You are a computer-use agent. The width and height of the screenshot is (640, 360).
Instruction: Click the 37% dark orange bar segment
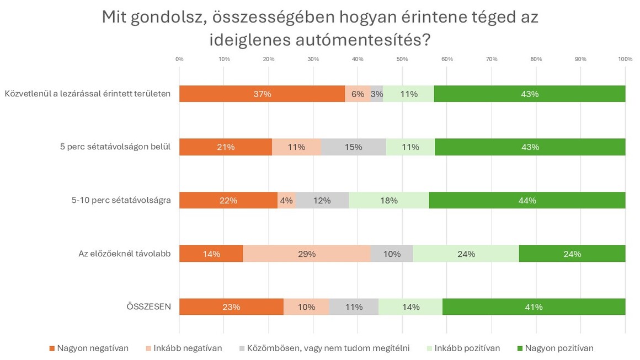[x=262, y=94]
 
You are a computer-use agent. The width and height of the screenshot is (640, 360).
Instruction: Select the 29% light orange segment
[x=307, y=254]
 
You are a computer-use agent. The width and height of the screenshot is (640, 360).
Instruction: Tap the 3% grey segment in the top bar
[x=377, y=94]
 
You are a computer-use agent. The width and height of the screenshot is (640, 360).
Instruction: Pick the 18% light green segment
[x=389, y=201]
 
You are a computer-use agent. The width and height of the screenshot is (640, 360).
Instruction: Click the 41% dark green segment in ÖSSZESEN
[x=534, y=307]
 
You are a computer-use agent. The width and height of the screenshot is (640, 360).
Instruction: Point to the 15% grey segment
[x=354, y=147]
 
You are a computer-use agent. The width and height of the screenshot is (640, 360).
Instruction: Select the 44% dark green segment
[x=527, y=201]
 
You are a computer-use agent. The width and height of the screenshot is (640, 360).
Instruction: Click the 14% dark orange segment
[x=211, y=254]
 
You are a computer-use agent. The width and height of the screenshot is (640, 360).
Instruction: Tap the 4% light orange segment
[x=286, y=201]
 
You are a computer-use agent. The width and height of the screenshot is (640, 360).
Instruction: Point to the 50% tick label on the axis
[x=402, y=59]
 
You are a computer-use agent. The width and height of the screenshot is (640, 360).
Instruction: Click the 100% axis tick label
[x=625, y=59]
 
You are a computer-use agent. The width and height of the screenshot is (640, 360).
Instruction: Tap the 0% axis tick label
[x=179, y=59]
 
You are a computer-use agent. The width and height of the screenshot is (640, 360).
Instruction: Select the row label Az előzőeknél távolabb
[x=124, y=254]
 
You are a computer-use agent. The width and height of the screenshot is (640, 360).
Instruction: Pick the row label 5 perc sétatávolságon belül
[x=115, y=147]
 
